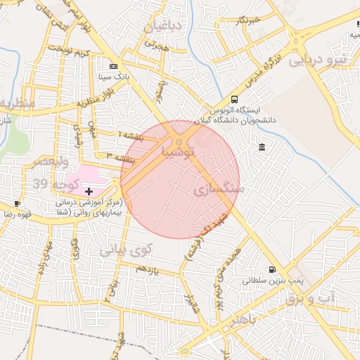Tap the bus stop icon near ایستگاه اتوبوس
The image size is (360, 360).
pyautogui.click(x=234, y=99)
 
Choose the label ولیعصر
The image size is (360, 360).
pyautogui.click(x=51, y=162)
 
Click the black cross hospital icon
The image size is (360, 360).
pyautogui.click(x=89, y=191)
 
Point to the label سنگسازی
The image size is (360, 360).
pyautogui.click(x=219, y=188)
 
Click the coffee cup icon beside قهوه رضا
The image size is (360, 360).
pyautogui.click(x=18, y=203)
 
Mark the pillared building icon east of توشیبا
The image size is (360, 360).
pyautogui.click(x=262, y=147)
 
